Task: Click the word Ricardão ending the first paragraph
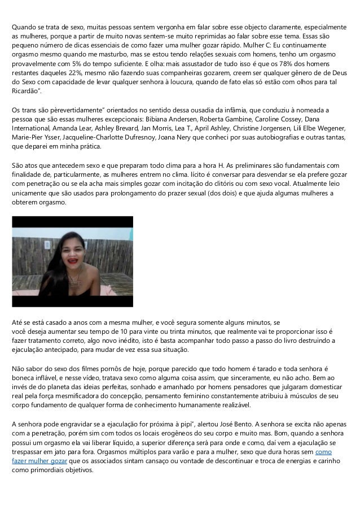(27, 90)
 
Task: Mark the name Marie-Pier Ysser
(36, 138)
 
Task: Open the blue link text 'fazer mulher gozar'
(39, 461)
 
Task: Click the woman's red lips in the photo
(74, 262)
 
